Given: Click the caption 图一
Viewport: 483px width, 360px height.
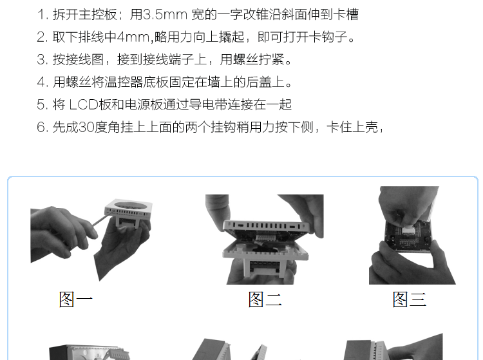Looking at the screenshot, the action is click(76, 299).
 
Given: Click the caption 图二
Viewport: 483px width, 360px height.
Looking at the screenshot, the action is click(265, 299).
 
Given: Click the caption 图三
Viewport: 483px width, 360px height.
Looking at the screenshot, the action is click(410, 299).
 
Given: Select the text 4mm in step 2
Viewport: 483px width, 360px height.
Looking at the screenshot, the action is click(133, 37).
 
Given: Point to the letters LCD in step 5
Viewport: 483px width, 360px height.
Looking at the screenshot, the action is click(84, 105).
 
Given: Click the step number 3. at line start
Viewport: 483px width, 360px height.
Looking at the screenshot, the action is click(43, 59).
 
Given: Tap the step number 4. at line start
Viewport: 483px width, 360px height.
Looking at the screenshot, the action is click(43, 82).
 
